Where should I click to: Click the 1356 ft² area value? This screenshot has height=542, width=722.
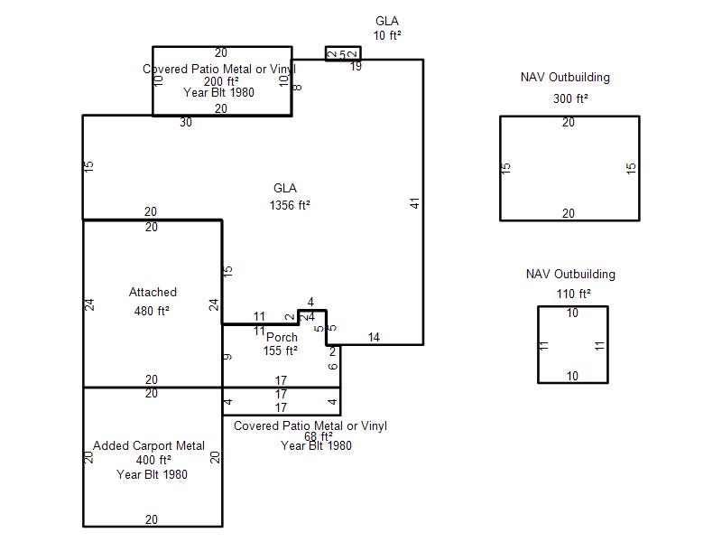pos(289,205)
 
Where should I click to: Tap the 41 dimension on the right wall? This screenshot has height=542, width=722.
pos(415,203)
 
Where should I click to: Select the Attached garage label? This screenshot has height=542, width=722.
pos(153,292)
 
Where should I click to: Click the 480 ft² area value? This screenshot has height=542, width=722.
pos(152,311)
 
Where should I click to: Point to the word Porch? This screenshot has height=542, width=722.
pos(281,338)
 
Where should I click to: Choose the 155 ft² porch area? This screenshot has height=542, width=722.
pos(280,350)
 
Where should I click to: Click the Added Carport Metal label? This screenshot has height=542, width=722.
pos(149,445)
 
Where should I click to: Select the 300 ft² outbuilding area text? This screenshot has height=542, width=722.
pos(570,98)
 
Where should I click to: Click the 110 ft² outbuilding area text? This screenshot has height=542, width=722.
pos(572,294)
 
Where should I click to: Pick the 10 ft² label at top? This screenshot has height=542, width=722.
pos(386,35)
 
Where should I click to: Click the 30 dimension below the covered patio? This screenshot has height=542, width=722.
pos(186,123)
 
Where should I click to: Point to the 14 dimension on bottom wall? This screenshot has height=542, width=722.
pos(374,338)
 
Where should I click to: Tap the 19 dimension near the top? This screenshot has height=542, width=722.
pos(356,66)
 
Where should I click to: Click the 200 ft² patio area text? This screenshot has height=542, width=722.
pos(220,81)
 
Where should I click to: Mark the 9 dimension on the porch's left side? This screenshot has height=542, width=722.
pos(228,357)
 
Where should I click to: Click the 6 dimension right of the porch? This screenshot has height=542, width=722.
pos(333,366)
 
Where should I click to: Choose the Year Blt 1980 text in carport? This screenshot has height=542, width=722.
pos(152,474)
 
